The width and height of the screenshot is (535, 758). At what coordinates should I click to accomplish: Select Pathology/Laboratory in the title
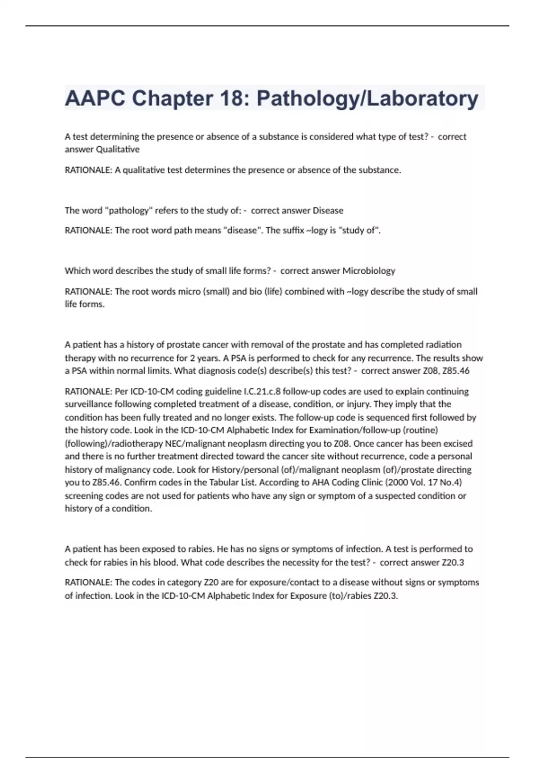[367, 98]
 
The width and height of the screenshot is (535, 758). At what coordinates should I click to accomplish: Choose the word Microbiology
[369, 271]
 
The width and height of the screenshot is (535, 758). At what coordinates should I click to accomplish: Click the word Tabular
[225, 482]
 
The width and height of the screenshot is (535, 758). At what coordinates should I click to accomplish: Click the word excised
[457, 444]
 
